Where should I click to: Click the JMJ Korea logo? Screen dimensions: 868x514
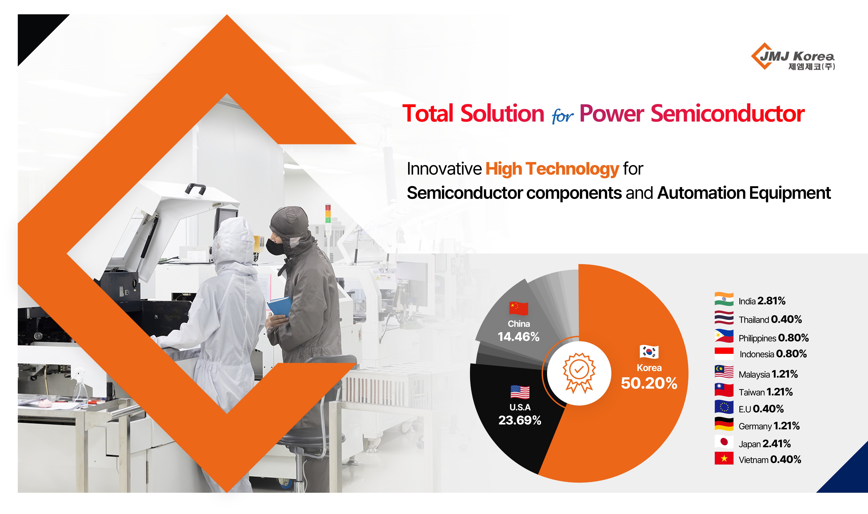click(793, 56)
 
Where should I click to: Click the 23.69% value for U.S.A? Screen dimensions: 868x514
click(520, 420)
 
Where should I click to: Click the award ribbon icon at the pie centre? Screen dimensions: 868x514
click(579, 373)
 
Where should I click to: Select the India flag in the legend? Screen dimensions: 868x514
click(724, 299)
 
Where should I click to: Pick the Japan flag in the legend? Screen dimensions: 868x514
click(724, 442)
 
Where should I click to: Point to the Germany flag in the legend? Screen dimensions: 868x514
click(724, 424)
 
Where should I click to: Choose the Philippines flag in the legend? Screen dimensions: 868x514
click(724, 336)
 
